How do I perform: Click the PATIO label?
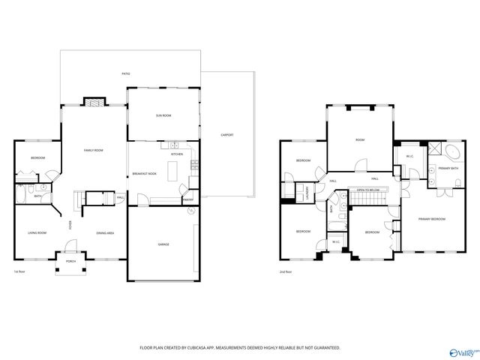tap(126, 73)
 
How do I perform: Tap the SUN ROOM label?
tap(163, 115)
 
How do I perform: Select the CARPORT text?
tap(226, 135)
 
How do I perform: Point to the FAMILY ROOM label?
tap(93, 151)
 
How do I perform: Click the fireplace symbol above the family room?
tap(94, 101)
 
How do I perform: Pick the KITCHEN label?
tap(177, 154)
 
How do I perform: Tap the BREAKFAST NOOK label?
tap(144, 173)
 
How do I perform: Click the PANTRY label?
tap(187, 199)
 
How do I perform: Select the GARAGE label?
tap(163, 244)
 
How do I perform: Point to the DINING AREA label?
tap(105, 233)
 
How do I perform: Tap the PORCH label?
tap(71, 262)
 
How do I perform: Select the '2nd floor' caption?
tap(286, 271)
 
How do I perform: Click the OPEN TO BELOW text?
tap(367, 190)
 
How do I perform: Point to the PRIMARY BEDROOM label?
tap(431, 218)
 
